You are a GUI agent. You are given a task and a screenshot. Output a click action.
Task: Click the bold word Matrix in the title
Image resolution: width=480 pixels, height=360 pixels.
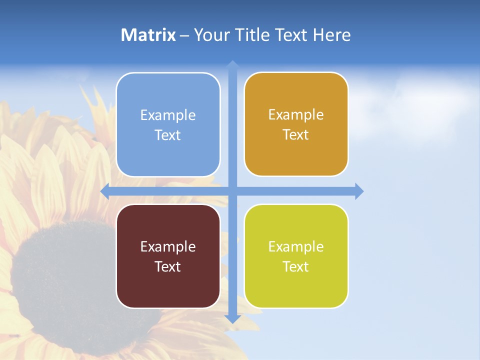148,35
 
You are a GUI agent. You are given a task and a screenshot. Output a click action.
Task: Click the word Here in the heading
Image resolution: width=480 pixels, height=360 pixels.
331,35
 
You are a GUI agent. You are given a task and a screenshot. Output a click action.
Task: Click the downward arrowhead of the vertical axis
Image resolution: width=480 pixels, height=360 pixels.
232,318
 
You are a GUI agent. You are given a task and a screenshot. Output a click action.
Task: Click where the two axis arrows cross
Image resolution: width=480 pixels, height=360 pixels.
232,191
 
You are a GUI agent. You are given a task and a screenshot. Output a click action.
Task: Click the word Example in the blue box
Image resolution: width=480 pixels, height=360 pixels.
168,115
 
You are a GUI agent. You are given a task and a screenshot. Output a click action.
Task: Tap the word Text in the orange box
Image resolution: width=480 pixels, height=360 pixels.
296,135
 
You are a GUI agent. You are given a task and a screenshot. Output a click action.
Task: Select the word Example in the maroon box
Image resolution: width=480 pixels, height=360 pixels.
168,246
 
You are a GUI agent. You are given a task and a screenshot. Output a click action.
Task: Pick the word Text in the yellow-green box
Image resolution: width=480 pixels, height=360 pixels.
296,267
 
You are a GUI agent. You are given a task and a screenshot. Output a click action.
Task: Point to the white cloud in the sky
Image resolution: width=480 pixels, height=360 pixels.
420,105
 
